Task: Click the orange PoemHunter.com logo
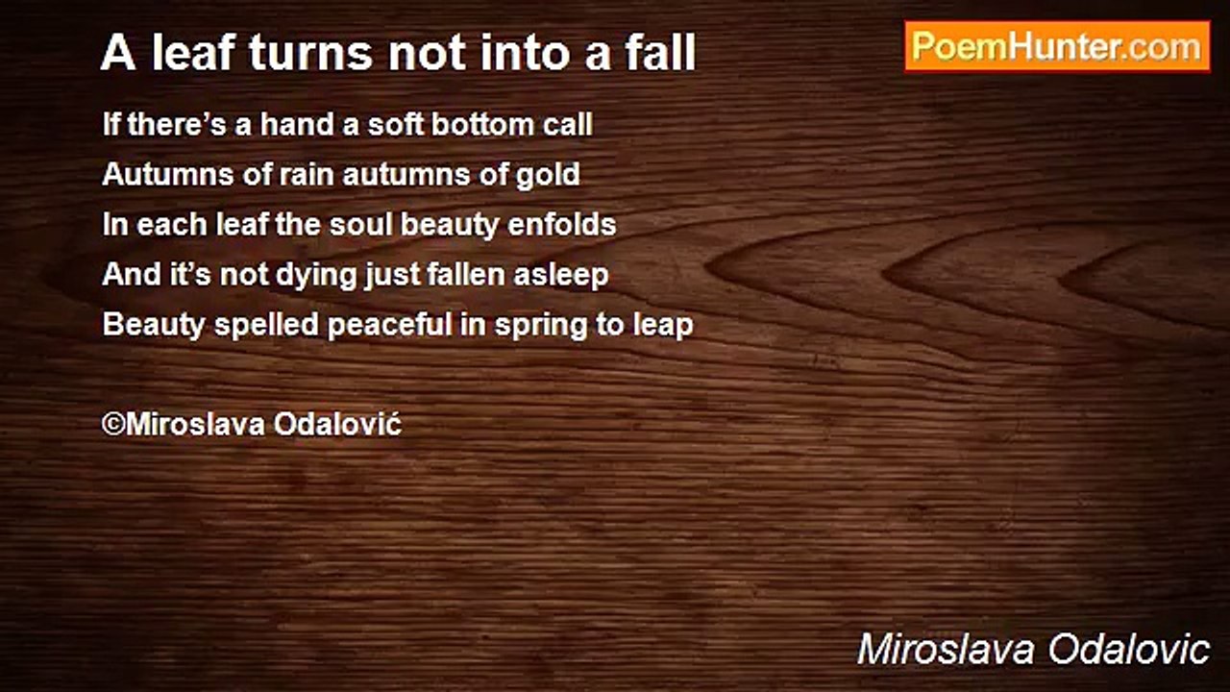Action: [1057, 47]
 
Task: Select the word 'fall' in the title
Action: [660, 52]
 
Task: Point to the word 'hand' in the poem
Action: [296, 124]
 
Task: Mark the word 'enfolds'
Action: [562, 225]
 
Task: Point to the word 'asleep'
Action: [560, 276]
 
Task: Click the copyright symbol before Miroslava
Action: [113, 425]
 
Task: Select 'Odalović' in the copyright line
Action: [337, 424]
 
